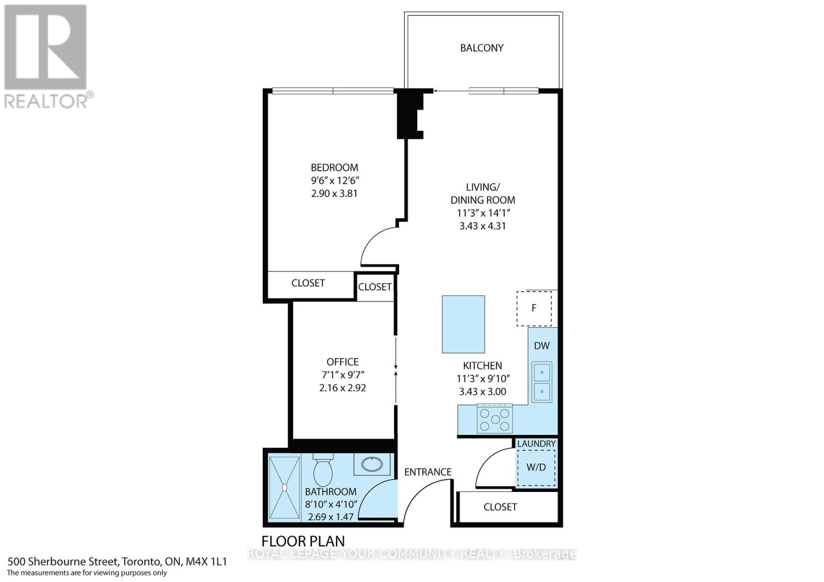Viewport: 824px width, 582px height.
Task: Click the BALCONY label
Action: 482,48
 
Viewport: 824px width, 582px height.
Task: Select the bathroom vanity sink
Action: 372,465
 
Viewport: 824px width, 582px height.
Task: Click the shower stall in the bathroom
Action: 284,487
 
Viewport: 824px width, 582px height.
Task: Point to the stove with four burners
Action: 495,418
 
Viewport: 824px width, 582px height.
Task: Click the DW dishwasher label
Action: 541,346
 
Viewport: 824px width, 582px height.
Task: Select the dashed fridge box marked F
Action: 534,308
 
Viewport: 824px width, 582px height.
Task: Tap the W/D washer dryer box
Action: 536,467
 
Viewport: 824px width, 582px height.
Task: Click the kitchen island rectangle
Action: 463,324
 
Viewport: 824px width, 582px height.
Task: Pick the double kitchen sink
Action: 541,382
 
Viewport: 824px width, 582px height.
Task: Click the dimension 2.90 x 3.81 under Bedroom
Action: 334,193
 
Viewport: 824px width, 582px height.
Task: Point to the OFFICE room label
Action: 342,362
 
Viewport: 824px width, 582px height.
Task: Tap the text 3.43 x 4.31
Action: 483,226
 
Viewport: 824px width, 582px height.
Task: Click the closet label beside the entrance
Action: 500,507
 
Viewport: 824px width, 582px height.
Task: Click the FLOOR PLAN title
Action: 303,541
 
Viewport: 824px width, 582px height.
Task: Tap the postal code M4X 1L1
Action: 208,561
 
